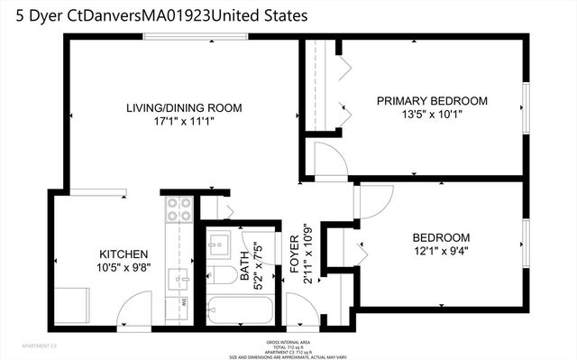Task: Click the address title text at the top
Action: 154,15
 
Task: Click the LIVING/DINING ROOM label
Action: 184,108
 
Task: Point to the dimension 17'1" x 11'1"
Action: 184,124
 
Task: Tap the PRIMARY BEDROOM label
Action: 432,100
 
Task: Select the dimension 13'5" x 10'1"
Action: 432,115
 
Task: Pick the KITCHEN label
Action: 123,254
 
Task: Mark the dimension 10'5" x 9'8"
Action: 123,269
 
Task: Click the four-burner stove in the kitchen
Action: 179,209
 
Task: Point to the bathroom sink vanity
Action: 219,245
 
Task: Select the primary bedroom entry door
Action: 332,161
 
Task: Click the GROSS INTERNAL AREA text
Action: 288,340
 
